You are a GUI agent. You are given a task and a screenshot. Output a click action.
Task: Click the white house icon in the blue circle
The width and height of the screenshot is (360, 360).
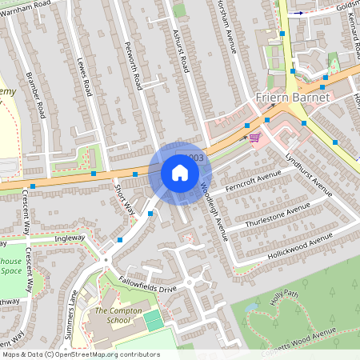(180, 172)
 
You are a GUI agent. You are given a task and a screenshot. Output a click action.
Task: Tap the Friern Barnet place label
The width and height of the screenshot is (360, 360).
(290, 98)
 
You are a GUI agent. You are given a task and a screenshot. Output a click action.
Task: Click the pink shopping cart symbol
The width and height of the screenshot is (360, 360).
(254, 138)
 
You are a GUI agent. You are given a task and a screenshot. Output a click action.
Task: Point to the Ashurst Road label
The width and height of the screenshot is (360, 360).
(181, 48)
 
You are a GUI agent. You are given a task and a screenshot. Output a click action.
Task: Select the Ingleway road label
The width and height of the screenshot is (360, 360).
(69, 238)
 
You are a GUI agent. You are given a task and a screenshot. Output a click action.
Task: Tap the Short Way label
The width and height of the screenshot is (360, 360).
(124, 200)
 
